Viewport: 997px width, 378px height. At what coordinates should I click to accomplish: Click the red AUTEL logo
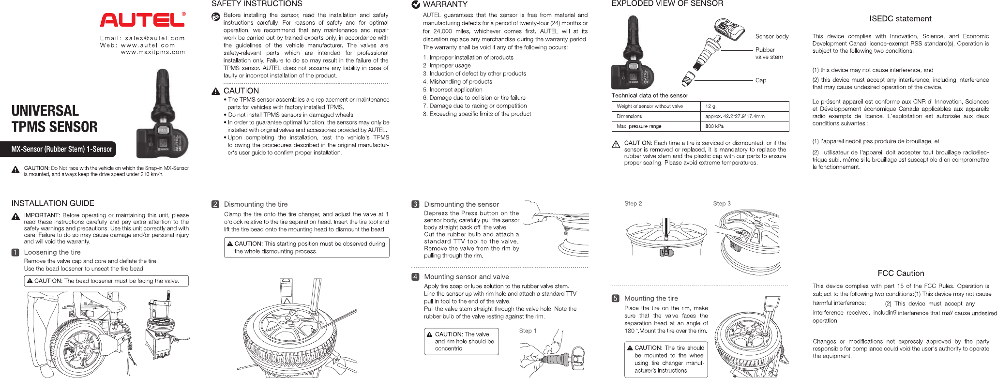coord(142,20)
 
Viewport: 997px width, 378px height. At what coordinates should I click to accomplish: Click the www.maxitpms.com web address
coord(153,52)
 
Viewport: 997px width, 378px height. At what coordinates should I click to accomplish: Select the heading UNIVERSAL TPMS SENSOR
coord(54,119)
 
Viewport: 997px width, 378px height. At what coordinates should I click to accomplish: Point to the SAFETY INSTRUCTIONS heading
coord(257,4)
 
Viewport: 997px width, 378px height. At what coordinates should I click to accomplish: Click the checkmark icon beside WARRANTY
coord(415,5)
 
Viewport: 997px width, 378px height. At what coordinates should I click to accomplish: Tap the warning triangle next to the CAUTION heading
coord(216,91)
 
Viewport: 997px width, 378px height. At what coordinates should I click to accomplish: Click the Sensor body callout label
coord(771,36)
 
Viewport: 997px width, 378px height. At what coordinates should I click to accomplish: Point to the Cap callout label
coord(760,80)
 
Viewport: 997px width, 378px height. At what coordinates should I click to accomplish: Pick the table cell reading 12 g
coord(710,106)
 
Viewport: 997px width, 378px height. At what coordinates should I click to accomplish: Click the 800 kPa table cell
coord(714,126)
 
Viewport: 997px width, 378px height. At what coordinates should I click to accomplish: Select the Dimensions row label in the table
coord(629,116)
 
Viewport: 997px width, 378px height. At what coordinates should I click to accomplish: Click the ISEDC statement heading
coord(900,19)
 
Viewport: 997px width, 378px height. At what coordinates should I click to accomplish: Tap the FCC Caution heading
coord(901,273)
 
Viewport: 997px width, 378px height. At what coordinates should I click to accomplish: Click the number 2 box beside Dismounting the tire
coord(215,204)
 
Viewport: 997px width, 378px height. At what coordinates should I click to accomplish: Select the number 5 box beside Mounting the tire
coord(616,299)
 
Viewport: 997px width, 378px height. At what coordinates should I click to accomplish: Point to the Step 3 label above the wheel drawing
coord(722,204)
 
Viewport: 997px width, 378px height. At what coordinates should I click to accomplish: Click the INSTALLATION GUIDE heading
coord(53,203)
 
